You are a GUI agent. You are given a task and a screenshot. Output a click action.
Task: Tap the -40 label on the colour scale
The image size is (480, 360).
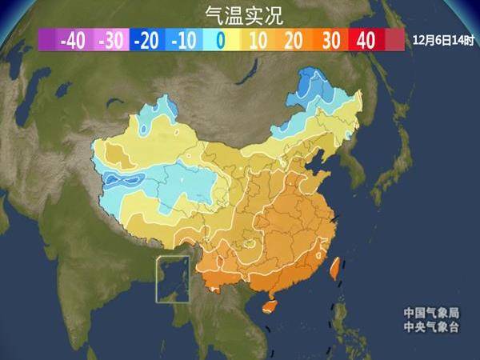pos(74,39)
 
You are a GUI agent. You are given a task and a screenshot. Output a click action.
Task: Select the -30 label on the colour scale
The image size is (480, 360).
pos(112,39)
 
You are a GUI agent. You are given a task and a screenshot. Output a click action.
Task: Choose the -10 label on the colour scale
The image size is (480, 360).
pos(184,39)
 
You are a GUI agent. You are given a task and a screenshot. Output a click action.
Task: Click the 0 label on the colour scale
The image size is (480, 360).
pos(220,39)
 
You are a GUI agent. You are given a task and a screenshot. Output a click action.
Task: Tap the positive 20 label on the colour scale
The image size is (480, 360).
pos(293,39)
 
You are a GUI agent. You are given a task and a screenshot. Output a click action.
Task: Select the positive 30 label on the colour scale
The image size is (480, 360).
pos(330,39)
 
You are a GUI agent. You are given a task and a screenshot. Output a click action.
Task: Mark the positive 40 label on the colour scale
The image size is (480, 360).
pos(366,39)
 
